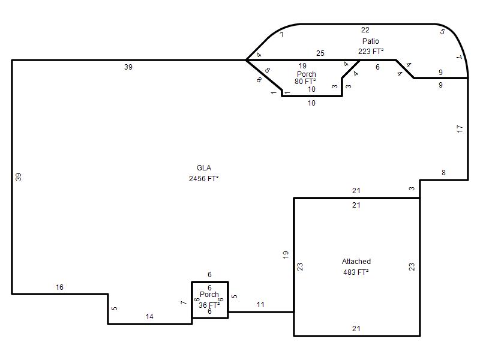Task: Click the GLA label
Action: (204, 168)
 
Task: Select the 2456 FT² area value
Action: (203, 178)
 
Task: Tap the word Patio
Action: (370, 41)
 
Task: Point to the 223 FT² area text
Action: (371, 52)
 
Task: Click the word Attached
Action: (356, 262)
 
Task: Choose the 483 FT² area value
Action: (356, 272)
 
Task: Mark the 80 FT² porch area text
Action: (305, 82)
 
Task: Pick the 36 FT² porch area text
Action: (209, 305)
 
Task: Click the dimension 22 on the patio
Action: (365, 30)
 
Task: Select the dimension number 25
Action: (320, 53)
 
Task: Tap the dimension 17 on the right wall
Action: (460, 129)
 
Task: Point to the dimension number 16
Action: (59, 287)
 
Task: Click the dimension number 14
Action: (149, 317)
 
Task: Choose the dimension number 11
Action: (260, 305)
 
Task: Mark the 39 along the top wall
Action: (128, 67)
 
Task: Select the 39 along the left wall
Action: (19, 177)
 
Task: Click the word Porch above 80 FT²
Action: (307, 74)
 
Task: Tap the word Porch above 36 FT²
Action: (209, 295)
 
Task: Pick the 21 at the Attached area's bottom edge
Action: (356, 329)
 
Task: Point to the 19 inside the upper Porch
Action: (302, 66)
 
